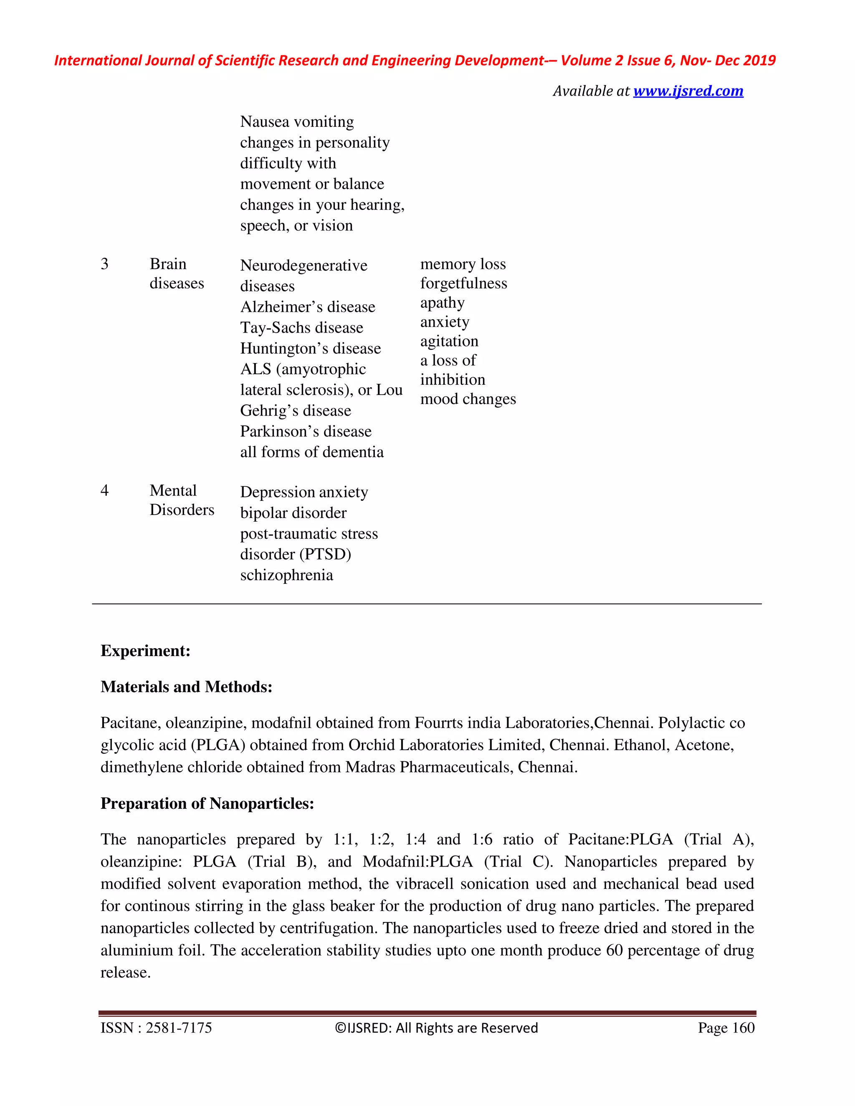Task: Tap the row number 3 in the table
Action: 104,264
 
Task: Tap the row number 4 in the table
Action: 104,490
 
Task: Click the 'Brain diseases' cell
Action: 176,273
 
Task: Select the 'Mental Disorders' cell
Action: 181,500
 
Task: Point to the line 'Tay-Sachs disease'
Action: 301,328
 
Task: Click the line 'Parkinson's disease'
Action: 306,432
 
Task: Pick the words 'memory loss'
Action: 463,264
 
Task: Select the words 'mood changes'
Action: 468,399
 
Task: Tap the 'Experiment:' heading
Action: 145,651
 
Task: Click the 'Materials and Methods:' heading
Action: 186,687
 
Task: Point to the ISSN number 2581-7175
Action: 178,1028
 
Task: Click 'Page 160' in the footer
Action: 726,1028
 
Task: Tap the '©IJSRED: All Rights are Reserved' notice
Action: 436,1028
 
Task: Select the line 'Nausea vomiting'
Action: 297,122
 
